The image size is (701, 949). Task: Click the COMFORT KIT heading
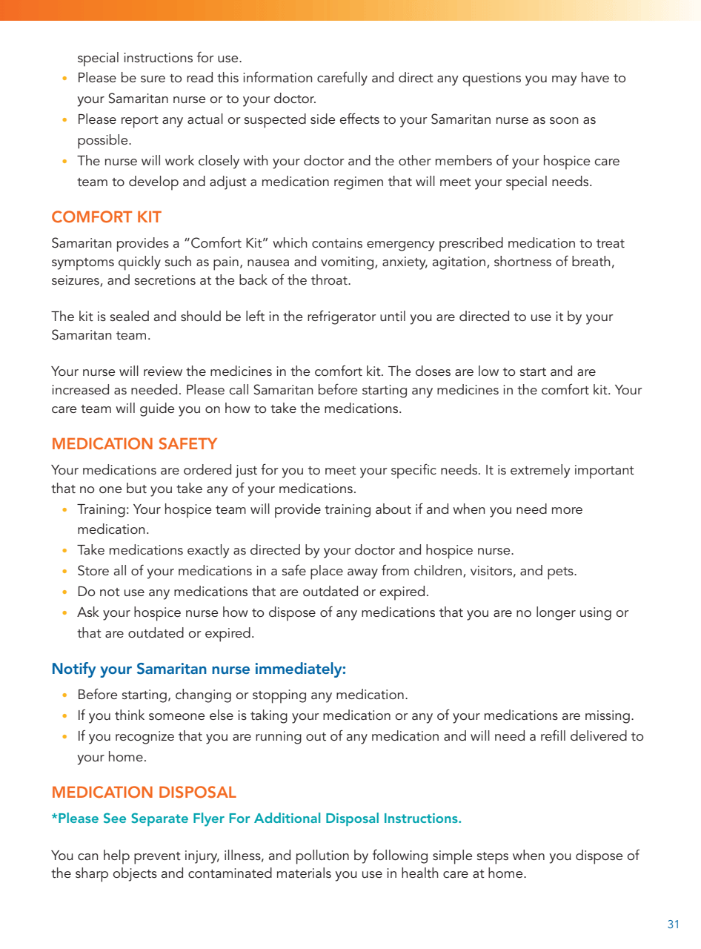[106, 217]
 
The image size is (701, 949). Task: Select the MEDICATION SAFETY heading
[134, 444]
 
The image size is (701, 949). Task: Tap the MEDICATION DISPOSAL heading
[144, 793]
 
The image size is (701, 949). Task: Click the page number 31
[673, 925]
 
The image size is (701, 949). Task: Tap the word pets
[561, 571]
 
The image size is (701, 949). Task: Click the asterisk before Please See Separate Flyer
[54, 817]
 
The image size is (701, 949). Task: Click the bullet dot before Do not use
[65, 592]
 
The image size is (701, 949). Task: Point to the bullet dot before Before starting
[65, 695]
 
